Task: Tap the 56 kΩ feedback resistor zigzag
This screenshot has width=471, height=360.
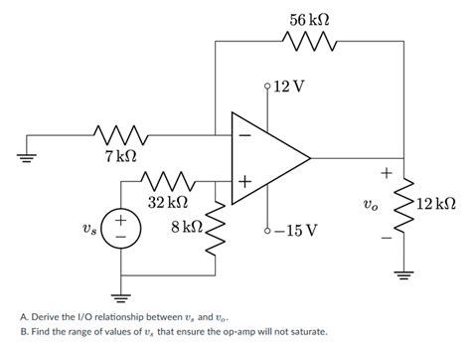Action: point(310,43)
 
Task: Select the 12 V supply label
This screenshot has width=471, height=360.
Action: point(288,88)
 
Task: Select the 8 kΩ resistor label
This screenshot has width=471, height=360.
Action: point(187,227)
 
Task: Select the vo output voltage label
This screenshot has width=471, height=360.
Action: point(370,207)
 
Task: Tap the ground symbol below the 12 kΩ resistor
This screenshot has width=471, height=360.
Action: point(403,275)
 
